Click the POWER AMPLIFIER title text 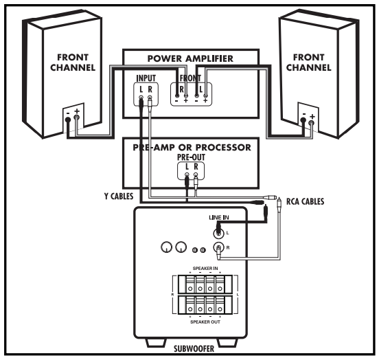(190, 58)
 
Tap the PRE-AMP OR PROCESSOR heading (192, 147)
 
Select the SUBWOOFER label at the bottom (194, 348)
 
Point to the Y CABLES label (119, 196)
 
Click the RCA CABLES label (305, 201)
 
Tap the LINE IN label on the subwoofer (219, 218)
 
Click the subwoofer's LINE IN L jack (218, 233)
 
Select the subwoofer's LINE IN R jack (218, 247)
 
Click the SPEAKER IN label (205, 269)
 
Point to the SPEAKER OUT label (205, 322)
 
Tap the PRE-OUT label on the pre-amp (191, 157)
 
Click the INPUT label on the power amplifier (146, 78)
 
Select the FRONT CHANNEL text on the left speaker (73, 63)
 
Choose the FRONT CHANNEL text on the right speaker (308, 63)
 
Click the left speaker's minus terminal (68, 120)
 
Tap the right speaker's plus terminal (312, 123)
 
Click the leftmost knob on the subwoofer (167, 247)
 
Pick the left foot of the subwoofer (156, 342)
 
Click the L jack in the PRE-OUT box (187, 175)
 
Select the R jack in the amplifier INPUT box (150, 98)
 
